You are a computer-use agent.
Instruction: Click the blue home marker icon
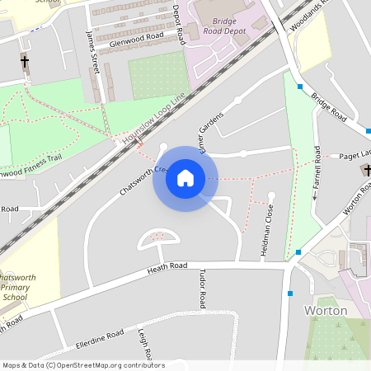185,178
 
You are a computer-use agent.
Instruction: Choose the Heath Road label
168,270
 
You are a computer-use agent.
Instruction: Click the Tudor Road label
202,288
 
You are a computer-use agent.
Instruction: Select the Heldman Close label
267,232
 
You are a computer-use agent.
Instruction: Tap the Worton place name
326,311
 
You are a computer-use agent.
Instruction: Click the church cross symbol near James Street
24,62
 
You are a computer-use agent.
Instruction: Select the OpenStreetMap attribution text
82,365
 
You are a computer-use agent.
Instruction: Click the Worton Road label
356,200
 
